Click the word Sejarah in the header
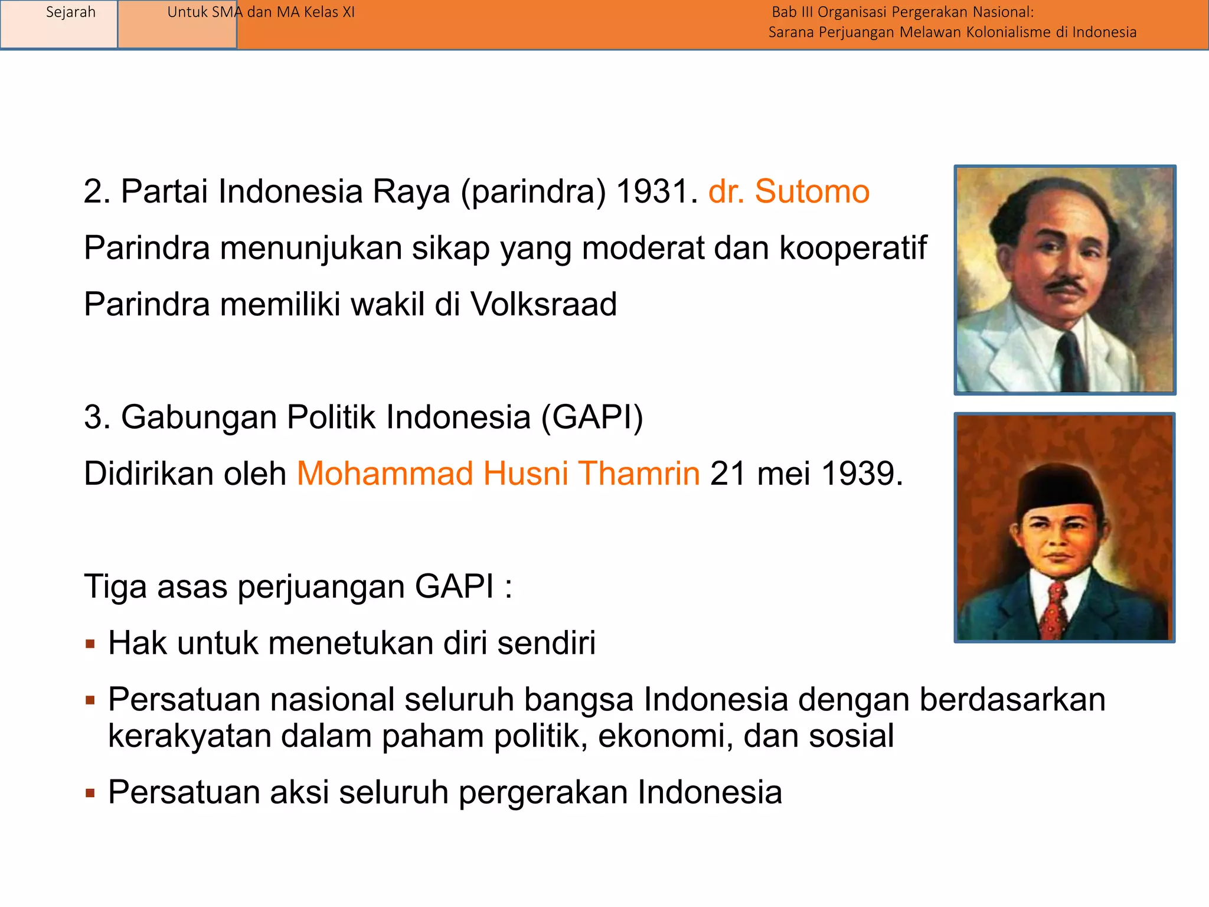[70, 12]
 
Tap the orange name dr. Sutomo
[789, 192]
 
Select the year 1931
[652, 192]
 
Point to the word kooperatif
[853, 248]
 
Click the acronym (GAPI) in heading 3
[592, 417]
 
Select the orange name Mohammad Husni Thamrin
[498, 474]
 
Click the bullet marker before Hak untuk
[90, 644]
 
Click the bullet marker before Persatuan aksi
[90, 793]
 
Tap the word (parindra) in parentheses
[533, 192]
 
